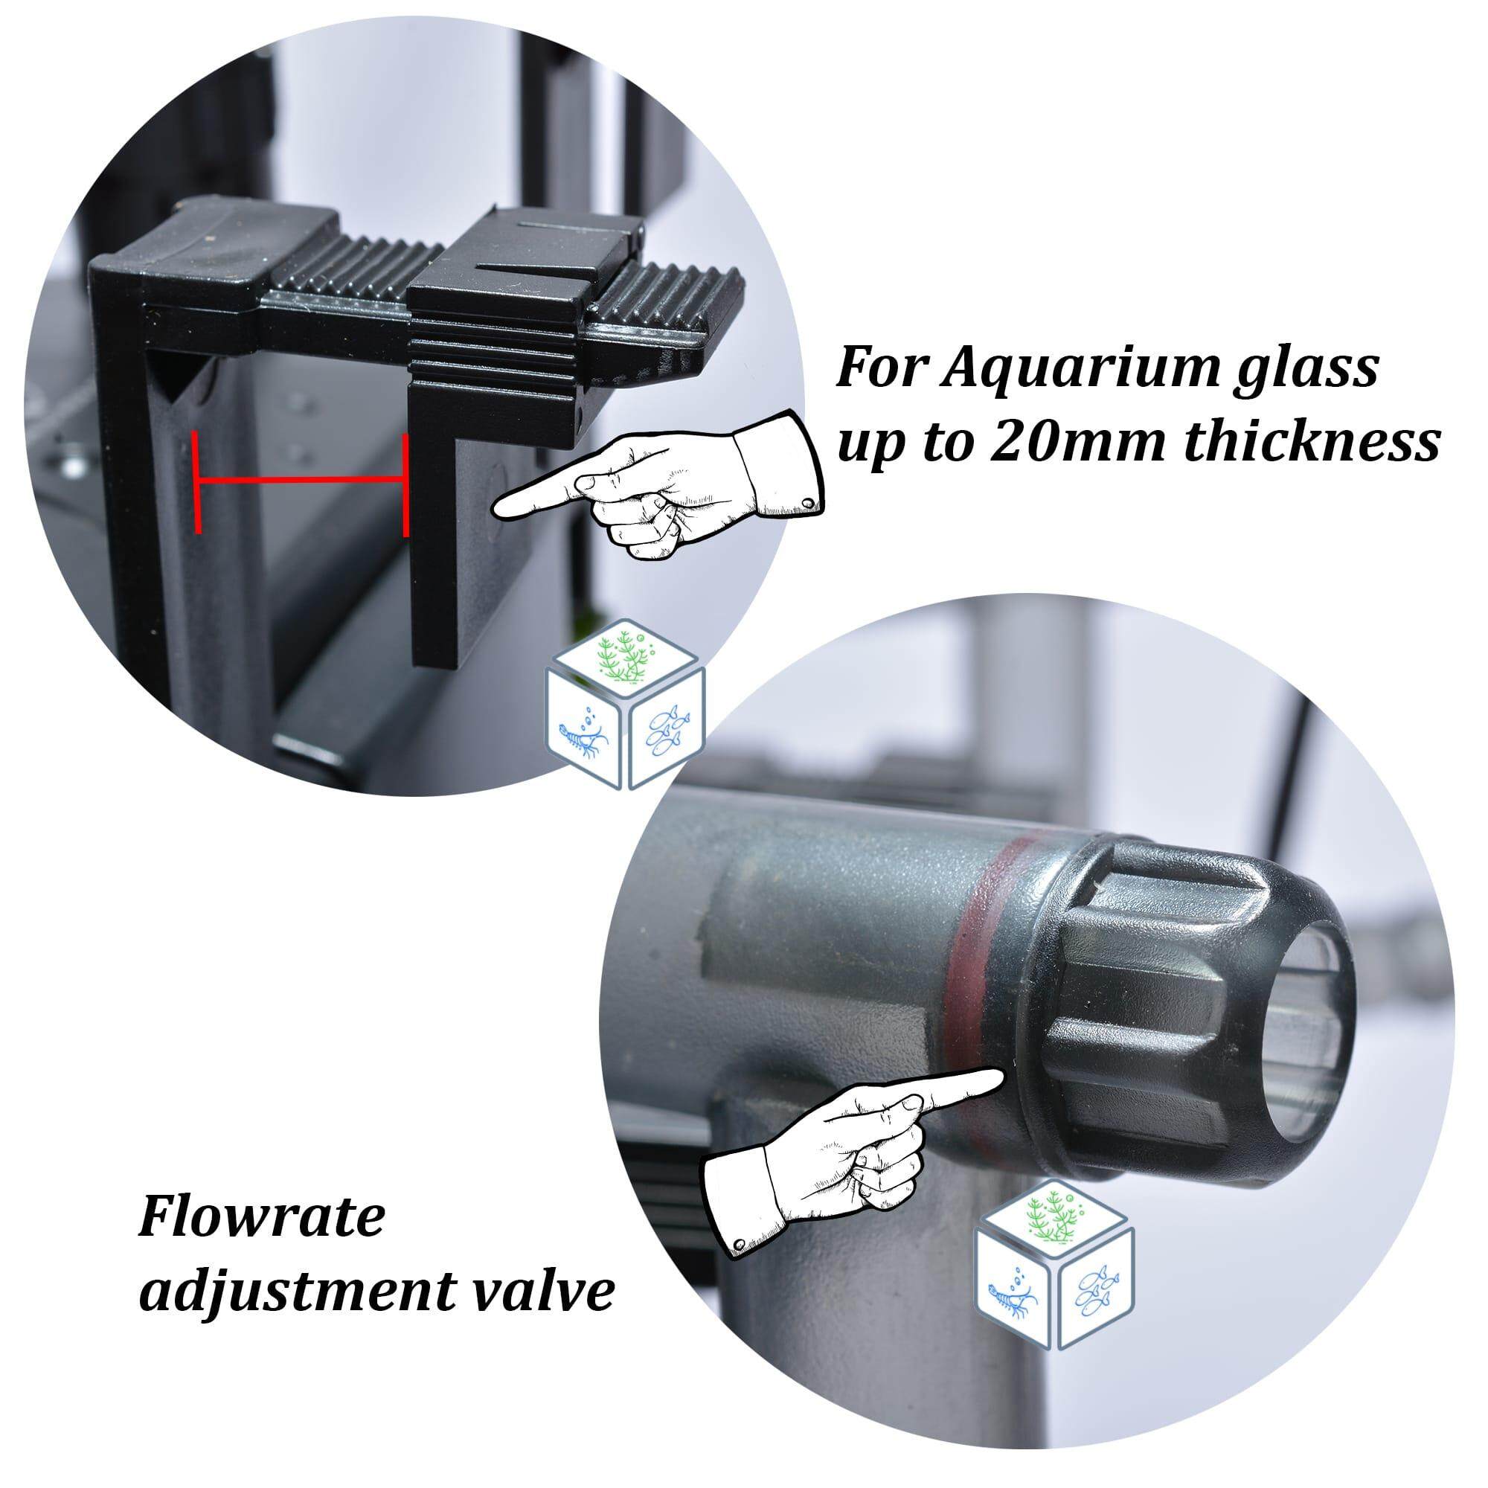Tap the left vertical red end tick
pyautogui.click(x=197, y=482)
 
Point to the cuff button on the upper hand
pyautogui.click(x=806, y=502)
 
